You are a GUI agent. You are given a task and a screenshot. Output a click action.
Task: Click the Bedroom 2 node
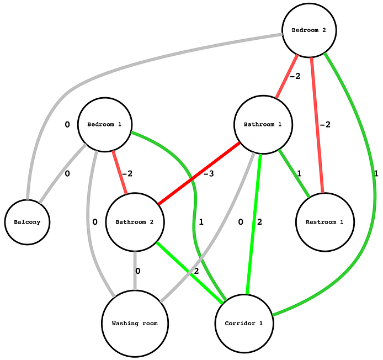(x=309, y=30)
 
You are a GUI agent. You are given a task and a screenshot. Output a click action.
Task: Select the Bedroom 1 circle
(x=104, y=125)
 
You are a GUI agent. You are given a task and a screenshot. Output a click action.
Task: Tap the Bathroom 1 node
(x=263, y=124)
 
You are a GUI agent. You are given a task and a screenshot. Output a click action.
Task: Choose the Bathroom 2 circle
(x=134, y=222)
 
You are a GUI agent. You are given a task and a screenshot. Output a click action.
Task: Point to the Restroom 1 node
(x=324, y=222)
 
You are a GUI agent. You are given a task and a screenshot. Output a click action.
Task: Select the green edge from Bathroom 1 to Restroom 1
(x=294, y=172)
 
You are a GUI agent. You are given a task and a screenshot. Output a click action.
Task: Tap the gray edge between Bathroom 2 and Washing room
(x=135, y=270)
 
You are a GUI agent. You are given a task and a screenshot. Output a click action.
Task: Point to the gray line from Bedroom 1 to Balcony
(x=62, y=172)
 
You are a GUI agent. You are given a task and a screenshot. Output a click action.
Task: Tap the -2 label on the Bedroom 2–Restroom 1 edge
(x=325, y=125)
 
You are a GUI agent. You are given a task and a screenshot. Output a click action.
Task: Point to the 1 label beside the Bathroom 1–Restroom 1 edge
(x=299, y=174)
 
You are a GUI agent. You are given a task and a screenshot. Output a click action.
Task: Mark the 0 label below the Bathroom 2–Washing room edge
(x=138, y=271)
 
